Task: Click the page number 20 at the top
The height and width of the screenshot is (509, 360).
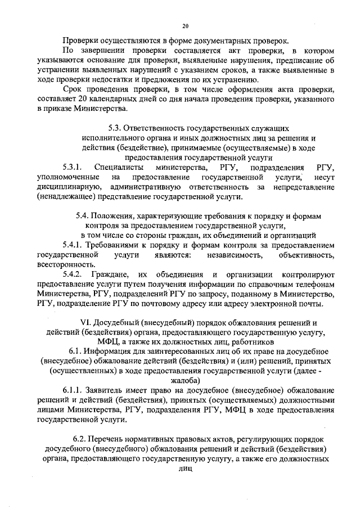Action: [x=186, y=25]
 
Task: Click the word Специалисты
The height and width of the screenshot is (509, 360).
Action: [x=118, y=168]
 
